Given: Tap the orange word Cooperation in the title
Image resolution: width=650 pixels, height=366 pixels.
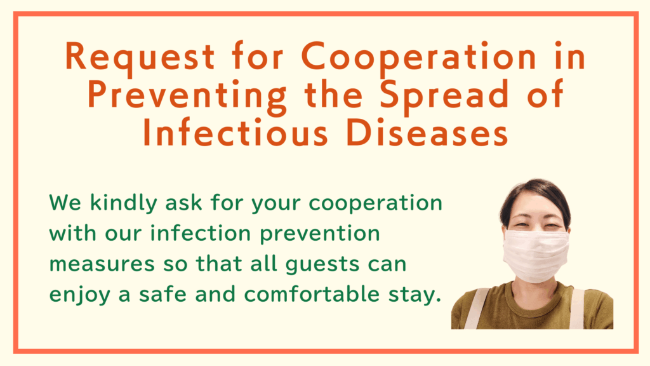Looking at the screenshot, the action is [x=419, y=57].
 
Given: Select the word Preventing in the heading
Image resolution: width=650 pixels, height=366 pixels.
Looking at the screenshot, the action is [x=187, y=95].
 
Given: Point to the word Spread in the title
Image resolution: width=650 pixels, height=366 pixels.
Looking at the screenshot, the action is [x=444, y=95].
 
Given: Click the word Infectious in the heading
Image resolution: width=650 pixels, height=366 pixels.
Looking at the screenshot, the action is [x=235, y=133].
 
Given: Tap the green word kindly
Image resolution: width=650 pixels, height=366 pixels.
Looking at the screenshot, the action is [x=124, y=204].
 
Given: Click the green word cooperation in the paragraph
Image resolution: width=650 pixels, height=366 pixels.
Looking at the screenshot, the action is [x=376, y=204].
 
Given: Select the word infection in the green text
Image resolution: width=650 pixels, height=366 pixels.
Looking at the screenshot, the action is [x=201, y=233].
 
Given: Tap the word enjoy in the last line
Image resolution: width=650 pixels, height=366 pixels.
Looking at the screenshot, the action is [x=80, y=295].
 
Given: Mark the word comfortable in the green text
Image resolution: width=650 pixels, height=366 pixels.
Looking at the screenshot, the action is [x=312, y=294].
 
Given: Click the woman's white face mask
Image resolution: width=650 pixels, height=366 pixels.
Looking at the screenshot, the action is [x=536, y=255].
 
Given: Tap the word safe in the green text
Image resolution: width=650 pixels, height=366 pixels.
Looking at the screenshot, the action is [x=162, y=294].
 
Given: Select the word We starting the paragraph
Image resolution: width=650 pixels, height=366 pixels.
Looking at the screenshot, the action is [x=65, y=203].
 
